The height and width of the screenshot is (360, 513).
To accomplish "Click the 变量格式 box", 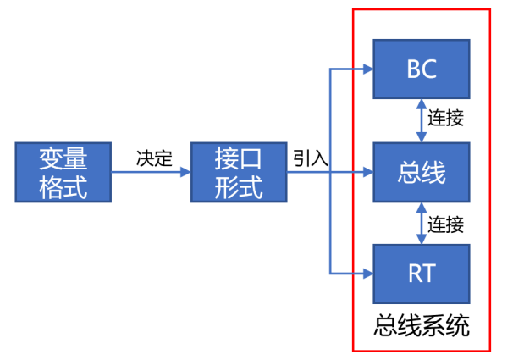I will point(63,173).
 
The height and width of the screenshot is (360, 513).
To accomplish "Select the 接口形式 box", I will point(239,173).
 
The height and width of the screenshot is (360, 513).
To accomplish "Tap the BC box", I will point(421,69).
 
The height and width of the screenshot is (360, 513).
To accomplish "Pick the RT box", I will point(421,273).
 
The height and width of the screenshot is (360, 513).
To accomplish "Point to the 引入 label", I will point(311,158).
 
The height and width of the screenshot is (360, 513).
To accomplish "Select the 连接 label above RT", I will point(445,224).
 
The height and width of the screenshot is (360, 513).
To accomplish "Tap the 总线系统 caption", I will point(421,325).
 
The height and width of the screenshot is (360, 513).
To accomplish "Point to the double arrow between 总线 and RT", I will point(421,224).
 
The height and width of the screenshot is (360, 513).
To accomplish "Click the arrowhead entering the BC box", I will point(367,69).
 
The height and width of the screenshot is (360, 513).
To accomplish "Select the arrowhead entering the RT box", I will point(367,273).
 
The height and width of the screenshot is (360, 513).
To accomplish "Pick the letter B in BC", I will point(412,69).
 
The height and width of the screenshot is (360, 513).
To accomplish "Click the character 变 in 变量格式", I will point(50,159).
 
